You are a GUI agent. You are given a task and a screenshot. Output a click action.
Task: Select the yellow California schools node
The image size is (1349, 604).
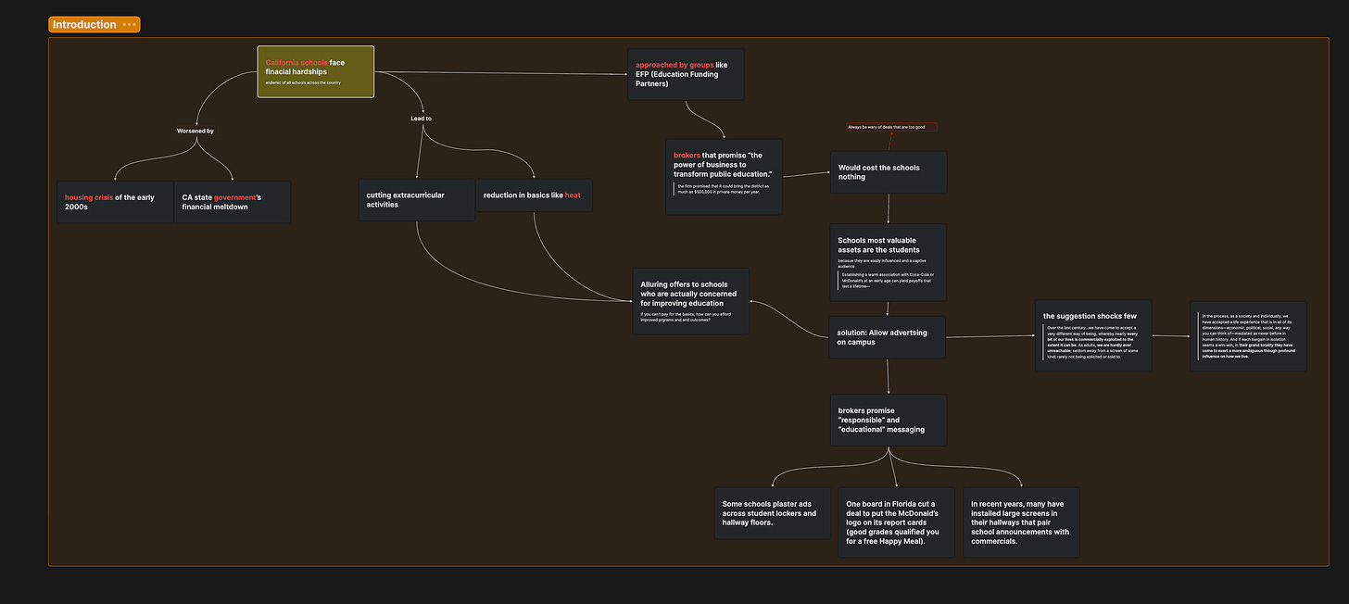[315, 71]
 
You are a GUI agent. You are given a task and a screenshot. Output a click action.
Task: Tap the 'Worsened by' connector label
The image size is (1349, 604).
[195, 132]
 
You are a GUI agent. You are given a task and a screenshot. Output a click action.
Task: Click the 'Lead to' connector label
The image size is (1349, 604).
[422, 119]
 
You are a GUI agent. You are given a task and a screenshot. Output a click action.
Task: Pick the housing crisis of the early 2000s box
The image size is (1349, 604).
[115, 202]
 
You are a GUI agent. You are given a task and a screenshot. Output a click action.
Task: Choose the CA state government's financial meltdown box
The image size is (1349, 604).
[233, 202]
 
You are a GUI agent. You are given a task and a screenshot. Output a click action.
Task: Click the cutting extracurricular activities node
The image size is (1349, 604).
[417, 200]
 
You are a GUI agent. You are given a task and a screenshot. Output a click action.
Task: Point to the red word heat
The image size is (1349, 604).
[573, 195]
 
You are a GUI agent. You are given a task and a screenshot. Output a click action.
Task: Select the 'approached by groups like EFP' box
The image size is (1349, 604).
[687, 74]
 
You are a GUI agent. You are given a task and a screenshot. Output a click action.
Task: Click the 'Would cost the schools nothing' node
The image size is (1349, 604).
[888, 172]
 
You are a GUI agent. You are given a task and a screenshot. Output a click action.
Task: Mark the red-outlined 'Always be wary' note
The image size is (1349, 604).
[891, 127]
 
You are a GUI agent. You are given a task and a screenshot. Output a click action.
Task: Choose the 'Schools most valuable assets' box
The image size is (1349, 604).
[888, 262]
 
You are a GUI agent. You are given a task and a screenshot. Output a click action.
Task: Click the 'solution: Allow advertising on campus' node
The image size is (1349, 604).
[888, 338]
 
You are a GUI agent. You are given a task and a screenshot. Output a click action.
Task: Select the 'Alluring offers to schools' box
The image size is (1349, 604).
[691, 301]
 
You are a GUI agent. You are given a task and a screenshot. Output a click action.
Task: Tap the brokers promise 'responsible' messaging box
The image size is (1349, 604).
[888, 420]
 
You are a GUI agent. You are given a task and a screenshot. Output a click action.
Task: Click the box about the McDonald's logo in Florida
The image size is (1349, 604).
[895, 522]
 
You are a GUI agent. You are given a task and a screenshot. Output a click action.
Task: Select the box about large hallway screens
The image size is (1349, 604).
[1021, 522]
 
